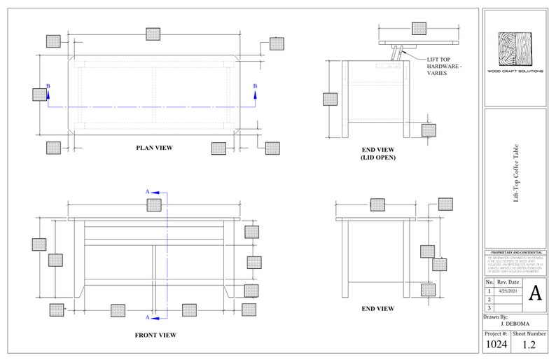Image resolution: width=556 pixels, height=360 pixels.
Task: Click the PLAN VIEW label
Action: tap(154, 148)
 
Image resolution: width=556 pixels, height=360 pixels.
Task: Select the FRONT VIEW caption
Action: tap(155, 335)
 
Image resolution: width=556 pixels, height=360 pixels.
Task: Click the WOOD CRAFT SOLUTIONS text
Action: tap(515, 72)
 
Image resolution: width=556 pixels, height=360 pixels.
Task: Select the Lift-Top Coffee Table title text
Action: tap(515, 179)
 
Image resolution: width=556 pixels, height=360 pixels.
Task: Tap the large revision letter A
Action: tap(535, 292)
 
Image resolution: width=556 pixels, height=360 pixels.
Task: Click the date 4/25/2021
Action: tap(508, 291)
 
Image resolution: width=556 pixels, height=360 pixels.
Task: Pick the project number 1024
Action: tap(496, 344)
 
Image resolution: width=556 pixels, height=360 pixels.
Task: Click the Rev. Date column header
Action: tap(508, 282)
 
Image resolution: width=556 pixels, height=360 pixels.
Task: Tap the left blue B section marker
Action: tap(48, 86)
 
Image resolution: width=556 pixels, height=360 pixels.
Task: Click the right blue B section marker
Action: tap(255, 86)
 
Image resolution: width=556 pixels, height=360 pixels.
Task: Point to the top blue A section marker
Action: tap(148, 191)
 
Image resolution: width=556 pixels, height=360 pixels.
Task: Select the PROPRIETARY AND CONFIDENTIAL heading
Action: tap(515, 252)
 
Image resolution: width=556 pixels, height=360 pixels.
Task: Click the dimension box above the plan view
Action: tap(153, 34)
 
